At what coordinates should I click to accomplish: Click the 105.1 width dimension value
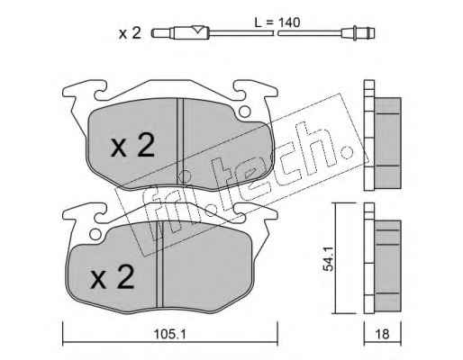169,334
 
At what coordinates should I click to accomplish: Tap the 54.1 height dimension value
327,259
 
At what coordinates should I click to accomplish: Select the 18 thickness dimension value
382,334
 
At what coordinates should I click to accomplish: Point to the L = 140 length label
277,22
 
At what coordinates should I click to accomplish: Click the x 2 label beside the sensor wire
130,33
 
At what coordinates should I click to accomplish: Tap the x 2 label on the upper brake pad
132,145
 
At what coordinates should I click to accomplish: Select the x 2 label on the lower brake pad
112,277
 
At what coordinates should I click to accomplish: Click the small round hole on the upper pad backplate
244,112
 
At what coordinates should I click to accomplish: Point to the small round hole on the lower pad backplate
95,234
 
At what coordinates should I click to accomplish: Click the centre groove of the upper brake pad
180,141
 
